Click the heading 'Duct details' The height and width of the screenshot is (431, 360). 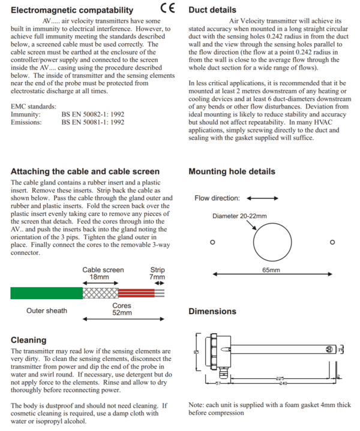click(x=212, y=10)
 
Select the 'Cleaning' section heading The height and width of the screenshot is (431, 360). click(x=29, y=340)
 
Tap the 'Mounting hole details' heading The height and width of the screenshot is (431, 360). click(x=232, y=171)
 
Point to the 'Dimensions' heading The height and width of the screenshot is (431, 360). click(x=212, y=312)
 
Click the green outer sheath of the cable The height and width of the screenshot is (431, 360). click(x=46, y=293)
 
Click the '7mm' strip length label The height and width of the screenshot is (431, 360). click(x=157, y=278)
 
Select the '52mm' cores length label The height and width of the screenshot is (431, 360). click(x=122, y=313)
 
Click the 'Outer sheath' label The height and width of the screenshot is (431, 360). click(x=47, y=311)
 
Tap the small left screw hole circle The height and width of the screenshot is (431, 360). click(x=212, y=243)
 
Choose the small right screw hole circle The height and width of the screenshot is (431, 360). click(x=332, y=243)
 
